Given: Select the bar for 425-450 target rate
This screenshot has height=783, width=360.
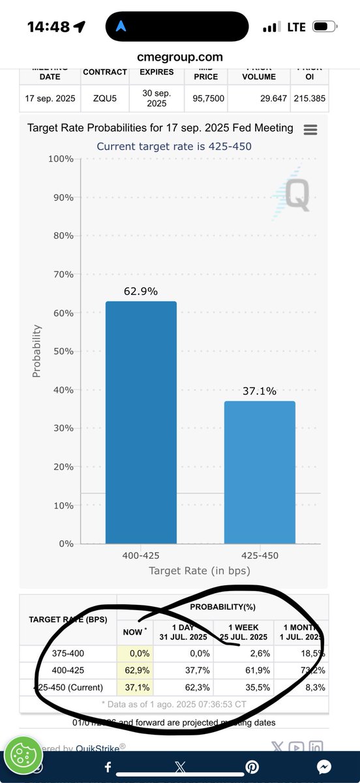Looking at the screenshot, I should [x=260, y=472].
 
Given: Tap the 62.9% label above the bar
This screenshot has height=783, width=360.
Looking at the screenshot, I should [x=141, y=292].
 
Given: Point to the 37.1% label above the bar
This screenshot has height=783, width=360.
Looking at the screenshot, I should [x=260, y=391].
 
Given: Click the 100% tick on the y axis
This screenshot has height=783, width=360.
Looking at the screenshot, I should [x=59, y=159].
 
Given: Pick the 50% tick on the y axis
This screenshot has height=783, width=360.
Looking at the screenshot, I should [x=62, y=352].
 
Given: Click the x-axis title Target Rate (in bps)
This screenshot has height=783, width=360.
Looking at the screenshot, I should [x=200, y=571].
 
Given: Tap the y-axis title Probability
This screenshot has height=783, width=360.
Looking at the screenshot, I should [x=37, y=351].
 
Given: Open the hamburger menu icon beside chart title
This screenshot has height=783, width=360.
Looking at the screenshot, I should [x=310, y=129].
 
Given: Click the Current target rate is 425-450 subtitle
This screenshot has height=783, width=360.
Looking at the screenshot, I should [x=174, y=146].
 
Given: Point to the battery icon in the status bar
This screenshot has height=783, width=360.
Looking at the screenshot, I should [x=323, y=27].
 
